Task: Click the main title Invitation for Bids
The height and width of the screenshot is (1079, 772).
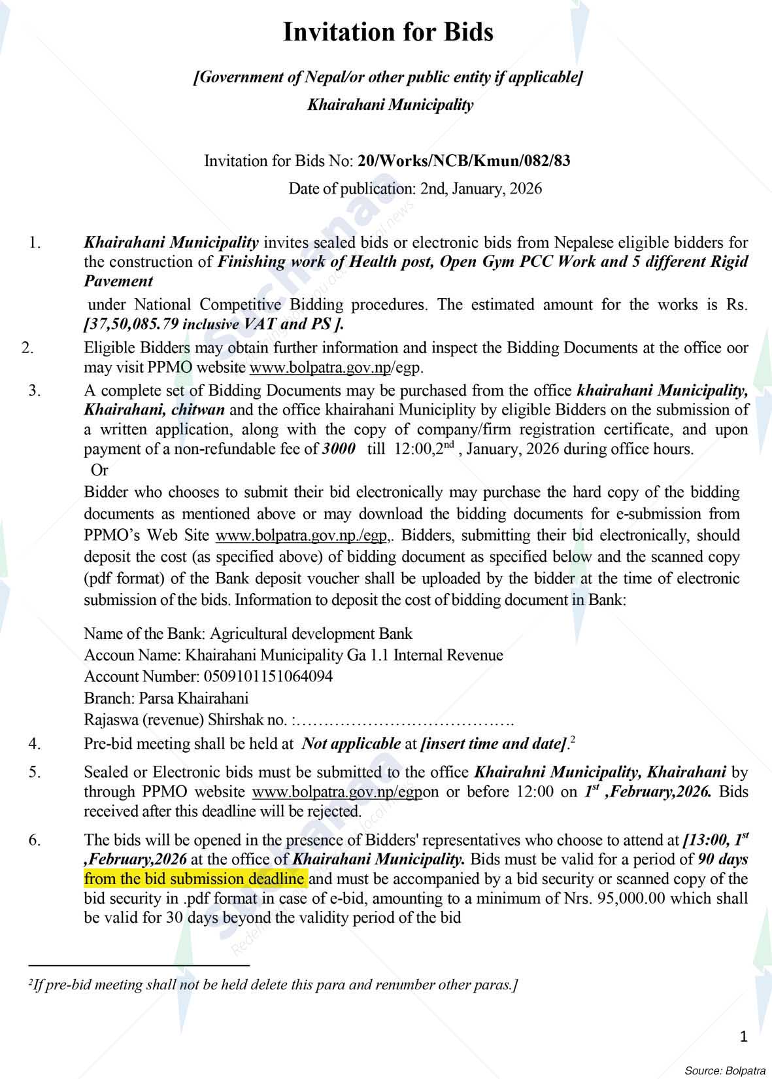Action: coord(388,33)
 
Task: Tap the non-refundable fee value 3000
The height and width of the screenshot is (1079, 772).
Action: coord(339,449)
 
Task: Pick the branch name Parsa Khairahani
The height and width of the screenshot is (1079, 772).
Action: coord(193,698)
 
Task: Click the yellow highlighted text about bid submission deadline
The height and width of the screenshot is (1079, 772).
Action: coord(194,878)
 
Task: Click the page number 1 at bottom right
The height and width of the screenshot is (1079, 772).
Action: coord(743,1036)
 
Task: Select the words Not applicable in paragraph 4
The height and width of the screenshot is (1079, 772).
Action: coord(352,744)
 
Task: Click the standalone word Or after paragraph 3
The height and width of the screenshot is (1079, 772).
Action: coord(99,470)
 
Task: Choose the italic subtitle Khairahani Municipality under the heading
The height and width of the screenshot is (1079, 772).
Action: coord(390,105)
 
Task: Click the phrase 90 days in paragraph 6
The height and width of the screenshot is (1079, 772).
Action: coord(722,859)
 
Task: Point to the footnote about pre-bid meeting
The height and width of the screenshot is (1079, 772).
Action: coord(273,985)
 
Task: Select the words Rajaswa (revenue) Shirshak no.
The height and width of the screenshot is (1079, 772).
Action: coord(186,720)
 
